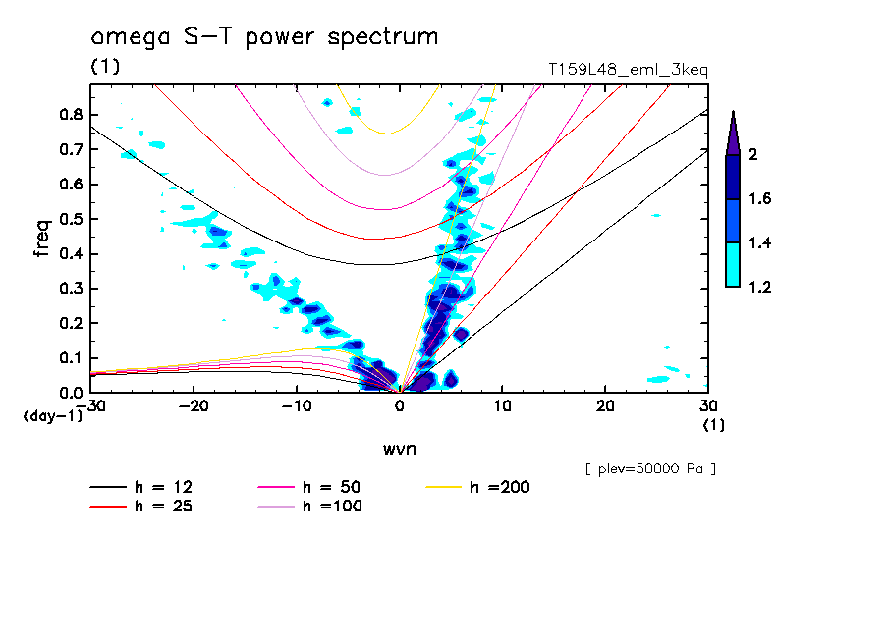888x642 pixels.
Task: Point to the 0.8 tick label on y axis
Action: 68,115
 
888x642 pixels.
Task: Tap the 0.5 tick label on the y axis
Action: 68,219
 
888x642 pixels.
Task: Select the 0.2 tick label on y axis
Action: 68,323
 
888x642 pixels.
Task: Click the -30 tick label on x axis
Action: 91,405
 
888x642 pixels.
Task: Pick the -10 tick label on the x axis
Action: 296,405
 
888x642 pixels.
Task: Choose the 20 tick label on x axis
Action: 605,405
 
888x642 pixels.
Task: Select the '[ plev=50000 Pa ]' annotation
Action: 649,469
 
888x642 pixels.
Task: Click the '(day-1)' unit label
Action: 52,416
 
